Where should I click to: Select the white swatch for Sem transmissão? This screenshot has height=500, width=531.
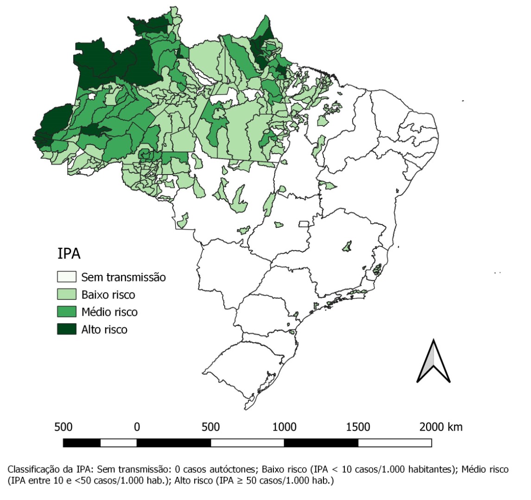tap(67, 277)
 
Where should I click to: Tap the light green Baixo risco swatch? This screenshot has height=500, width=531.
tap(67, 294)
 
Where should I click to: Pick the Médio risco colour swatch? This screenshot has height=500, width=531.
tap(67, 312)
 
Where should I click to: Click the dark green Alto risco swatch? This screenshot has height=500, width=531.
tap(67, 329)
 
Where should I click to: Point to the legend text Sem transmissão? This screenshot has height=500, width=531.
tap(123, 277)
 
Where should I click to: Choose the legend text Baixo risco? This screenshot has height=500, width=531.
tap(108, 294)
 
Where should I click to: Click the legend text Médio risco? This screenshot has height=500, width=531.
tap(109, 312)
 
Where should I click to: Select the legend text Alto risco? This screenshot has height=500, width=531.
tap(104, 329)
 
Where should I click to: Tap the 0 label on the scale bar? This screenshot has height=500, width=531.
tap(137, 426)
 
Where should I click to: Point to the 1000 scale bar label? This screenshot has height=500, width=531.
tap(284, 426)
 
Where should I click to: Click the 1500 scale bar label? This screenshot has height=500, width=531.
tap(358, 426)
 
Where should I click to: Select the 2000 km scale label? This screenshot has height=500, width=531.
tap(441, 426)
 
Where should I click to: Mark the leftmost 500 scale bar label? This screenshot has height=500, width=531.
tap(63, 426)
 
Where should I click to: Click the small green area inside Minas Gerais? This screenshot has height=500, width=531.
tap(347, 245)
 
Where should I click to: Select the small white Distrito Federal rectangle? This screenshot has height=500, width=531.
tap(304, 224)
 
